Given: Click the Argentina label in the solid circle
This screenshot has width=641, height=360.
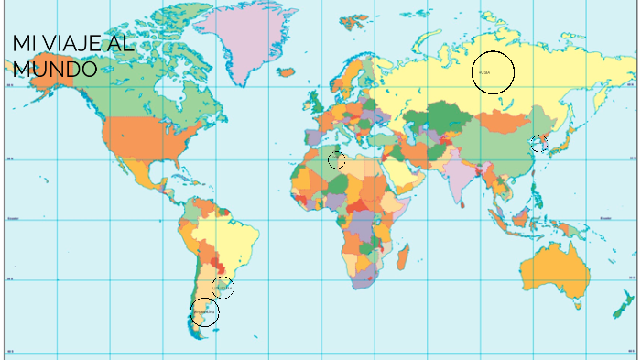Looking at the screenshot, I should [x=204, y=313].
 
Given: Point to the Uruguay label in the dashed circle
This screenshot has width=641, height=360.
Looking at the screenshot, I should [x=223, y=288].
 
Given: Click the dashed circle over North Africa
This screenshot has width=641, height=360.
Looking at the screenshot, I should [x=337, y=160].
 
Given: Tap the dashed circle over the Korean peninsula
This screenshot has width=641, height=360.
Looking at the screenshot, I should [x=538, y=144].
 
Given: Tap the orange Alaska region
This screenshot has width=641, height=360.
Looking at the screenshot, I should [x=41, y=73].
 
